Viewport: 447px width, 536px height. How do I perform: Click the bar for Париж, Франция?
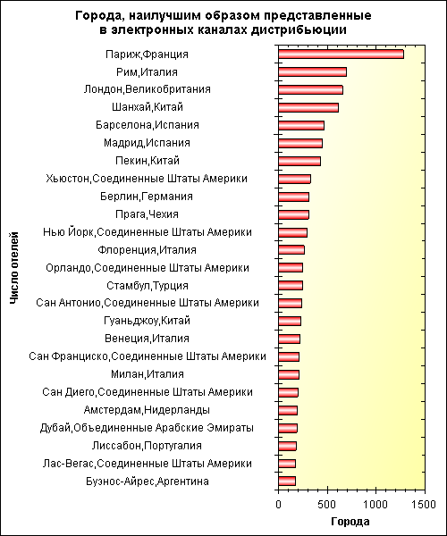pyautogui.click(x=341, y=54)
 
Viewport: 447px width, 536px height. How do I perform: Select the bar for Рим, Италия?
pyautogui.click(x=312, y=72)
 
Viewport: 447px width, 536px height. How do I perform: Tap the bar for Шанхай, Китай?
pyautogui.click(x=308, y=108)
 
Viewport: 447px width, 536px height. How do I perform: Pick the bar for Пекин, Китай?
pyautogui.click(x=299, y=161)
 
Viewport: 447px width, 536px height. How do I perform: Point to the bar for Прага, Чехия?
pyautogui.click(x=294, y=214)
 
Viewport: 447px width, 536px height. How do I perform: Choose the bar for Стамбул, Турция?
pyautogui.click(x=291, y=286)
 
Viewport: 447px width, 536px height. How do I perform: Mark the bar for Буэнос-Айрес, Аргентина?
pyautogui.click(x=287, y=482)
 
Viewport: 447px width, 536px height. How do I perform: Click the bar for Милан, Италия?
pyautogui.click(x=289, y=374)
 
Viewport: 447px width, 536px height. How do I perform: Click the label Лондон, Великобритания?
pyautogui.click(x=147, y=89)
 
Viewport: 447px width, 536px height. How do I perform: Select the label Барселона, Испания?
pyautogui.click(x=147, y=125)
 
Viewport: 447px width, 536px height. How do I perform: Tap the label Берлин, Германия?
pyautogui.click(x=147, y=197)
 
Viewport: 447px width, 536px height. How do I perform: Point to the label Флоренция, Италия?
pyautogui.click(x=147, y=250)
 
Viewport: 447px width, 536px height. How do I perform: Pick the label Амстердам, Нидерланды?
pyautogui.click(x=147, y=410)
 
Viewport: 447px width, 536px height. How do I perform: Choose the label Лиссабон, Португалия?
pyautogui.click(x=147, y=446)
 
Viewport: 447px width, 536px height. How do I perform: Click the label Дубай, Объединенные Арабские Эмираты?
pyautogui.click(x=147, y=428)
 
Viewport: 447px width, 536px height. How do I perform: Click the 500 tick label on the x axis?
pyautogui.click(x=327, y=504)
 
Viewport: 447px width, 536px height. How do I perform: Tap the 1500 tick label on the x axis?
pyautogui.click(x=424, y=504)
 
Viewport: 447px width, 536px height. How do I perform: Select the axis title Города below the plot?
pyautogui.click(x=350, y=522)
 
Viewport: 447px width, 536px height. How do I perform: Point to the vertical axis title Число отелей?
pyautogui.click(x=13, y=268)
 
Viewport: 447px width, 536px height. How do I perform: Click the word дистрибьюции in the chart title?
pyautogui.click(x=299, y=30)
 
